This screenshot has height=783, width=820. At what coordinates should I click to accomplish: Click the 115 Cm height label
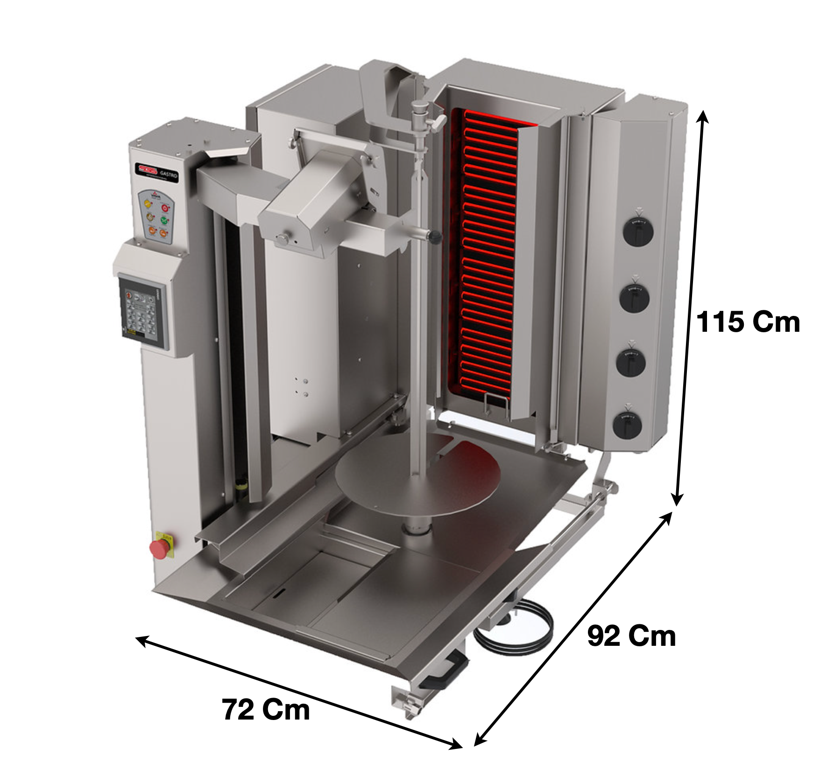748,322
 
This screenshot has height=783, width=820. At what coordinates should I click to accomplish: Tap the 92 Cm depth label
631,636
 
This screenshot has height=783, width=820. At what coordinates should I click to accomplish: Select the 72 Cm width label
266,710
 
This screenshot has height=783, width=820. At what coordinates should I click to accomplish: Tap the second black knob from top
636,297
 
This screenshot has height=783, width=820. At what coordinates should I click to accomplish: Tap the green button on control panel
164,220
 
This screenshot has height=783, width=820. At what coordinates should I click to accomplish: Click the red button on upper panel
165,207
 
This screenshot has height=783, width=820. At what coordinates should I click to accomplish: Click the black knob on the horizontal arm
435,237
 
